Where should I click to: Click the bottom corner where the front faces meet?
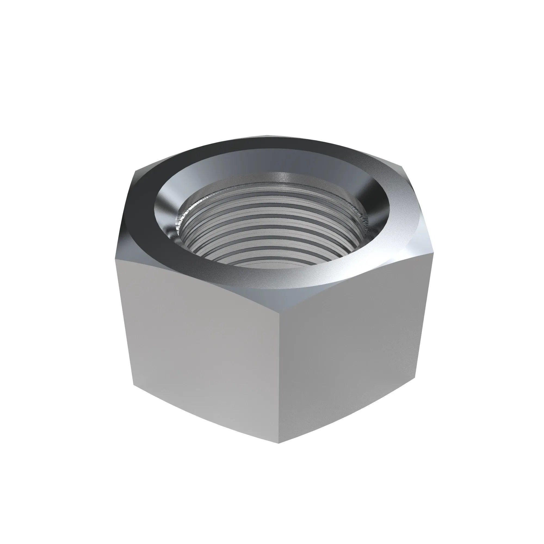coord(279,443)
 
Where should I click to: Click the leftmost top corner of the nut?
coord(116,258)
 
